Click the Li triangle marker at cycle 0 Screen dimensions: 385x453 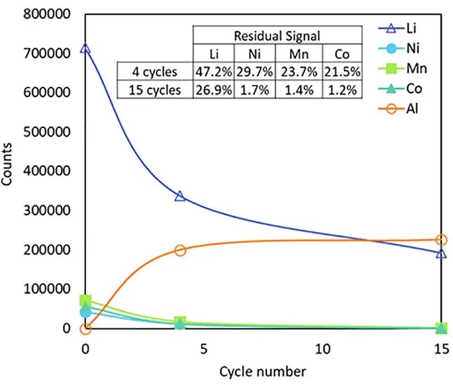[85, 48]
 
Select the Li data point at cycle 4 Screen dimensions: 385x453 [180, 196]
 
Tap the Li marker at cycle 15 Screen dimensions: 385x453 [441, 254]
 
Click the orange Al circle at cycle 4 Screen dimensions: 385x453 [180, 250]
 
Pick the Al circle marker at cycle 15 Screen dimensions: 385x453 [441, 240]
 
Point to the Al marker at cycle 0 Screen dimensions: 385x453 [85, 329]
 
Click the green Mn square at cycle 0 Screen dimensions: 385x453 [85, 302]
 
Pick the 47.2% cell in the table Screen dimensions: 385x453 [212, 71]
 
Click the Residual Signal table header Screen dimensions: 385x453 [276, 36]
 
